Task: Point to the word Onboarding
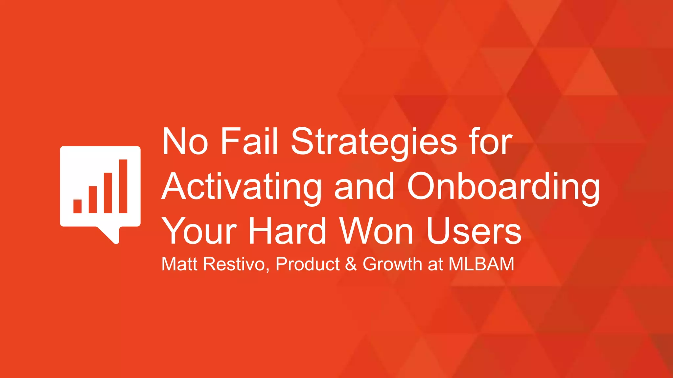click(x=503, y=187)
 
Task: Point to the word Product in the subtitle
click(x=308, y=264)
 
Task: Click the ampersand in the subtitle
click(x=351, y=264)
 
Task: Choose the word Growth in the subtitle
click(x=392, y=264)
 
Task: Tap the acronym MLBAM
click(x=481, y=264)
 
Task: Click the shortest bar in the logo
click(x=78, y=206)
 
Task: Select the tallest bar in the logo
click(x=123, y=186)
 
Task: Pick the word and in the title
click(x=364, y=187)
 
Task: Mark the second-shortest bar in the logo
click(x=93, y=199)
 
